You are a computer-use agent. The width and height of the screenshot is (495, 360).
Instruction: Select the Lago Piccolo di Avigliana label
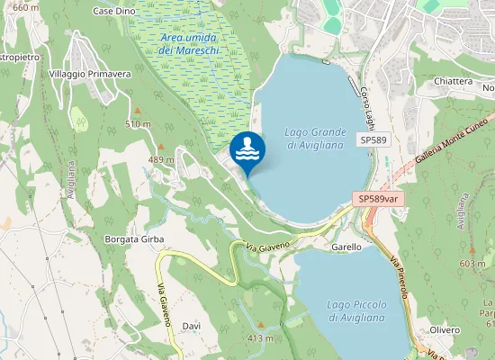pyautogui.click(x=356, y=311)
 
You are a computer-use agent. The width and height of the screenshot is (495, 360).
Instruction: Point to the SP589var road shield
pyautogui.click(x=378, y=199)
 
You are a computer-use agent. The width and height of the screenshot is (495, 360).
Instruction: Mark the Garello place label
pyautogui.click(x=346, y=247)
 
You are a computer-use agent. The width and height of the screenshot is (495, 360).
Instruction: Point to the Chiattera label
pyautogui.click(x=453, y=81)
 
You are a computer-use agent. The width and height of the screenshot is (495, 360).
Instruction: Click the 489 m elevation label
pyautogui.click(x=160, y=159)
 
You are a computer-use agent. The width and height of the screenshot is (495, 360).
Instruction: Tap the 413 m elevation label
pyautogui.click(x=259, y=338)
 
